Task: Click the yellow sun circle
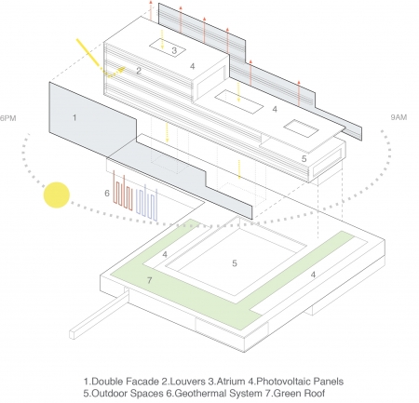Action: (57, 195)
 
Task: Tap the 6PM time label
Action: (7, 118)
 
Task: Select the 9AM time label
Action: (399, 117)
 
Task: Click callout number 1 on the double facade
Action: (74, 118)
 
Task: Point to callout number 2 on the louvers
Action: (139, 71)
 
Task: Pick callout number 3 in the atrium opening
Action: (174, 50)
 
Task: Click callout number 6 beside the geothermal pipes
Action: (107, 194)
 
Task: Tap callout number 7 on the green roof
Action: (150, 280)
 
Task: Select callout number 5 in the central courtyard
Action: (235, 263)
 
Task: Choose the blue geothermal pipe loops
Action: (147, 202)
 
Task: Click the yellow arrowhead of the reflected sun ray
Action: (123, 69)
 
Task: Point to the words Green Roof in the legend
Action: (299, 394)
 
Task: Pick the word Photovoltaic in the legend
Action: (284, 382)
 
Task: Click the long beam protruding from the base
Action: (99, 315)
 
